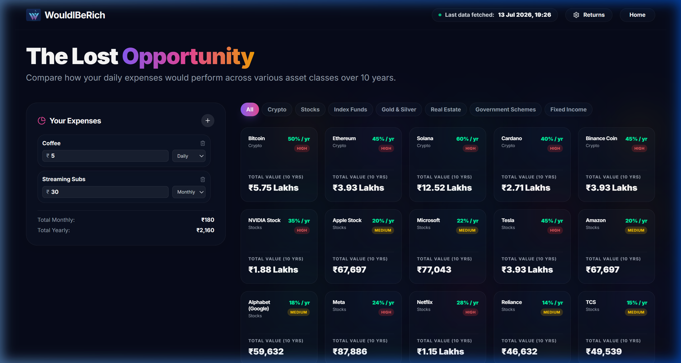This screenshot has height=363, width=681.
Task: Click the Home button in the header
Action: (x=637, y=15)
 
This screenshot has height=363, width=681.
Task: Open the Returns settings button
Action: (x=589, y=15)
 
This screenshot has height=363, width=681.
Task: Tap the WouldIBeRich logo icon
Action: (x=34, y=15)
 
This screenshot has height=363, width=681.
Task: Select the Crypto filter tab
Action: (x=277, y=109)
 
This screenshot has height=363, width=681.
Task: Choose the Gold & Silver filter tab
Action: (x=399, y=109)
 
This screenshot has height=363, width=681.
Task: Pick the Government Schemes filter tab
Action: (x=505, y=109)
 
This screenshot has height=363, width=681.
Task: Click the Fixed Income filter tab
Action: (x=568, y=109)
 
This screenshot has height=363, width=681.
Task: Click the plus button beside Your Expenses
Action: (x=208, y=121)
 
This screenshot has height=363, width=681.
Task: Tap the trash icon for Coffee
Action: (x=203, y=143)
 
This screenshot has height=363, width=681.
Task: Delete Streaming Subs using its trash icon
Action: (x=203, y=179)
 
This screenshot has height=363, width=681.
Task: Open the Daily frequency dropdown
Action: (x=189, y=156)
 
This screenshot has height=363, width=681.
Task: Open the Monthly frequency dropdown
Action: (x=189, y=192)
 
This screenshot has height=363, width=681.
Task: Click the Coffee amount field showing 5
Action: (x=105, y=156)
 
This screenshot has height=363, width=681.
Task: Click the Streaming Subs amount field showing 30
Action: (x=105, y=192)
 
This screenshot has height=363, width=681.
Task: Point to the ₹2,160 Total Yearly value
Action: (x=205, y=230)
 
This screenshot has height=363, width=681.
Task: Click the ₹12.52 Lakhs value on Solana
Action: (x=444, y=188)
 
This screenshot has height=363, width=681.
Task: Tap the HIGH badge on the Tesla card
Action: (x=555, y=230)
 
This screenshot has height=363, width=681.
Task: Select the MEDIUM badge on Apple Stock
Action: (x=383, y=230)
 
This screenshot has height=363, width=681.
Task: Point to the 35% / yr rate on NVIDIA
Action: (x=299, y=221)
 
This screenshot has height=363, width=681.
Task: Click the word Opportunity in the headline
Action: (x=188, y=57)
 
